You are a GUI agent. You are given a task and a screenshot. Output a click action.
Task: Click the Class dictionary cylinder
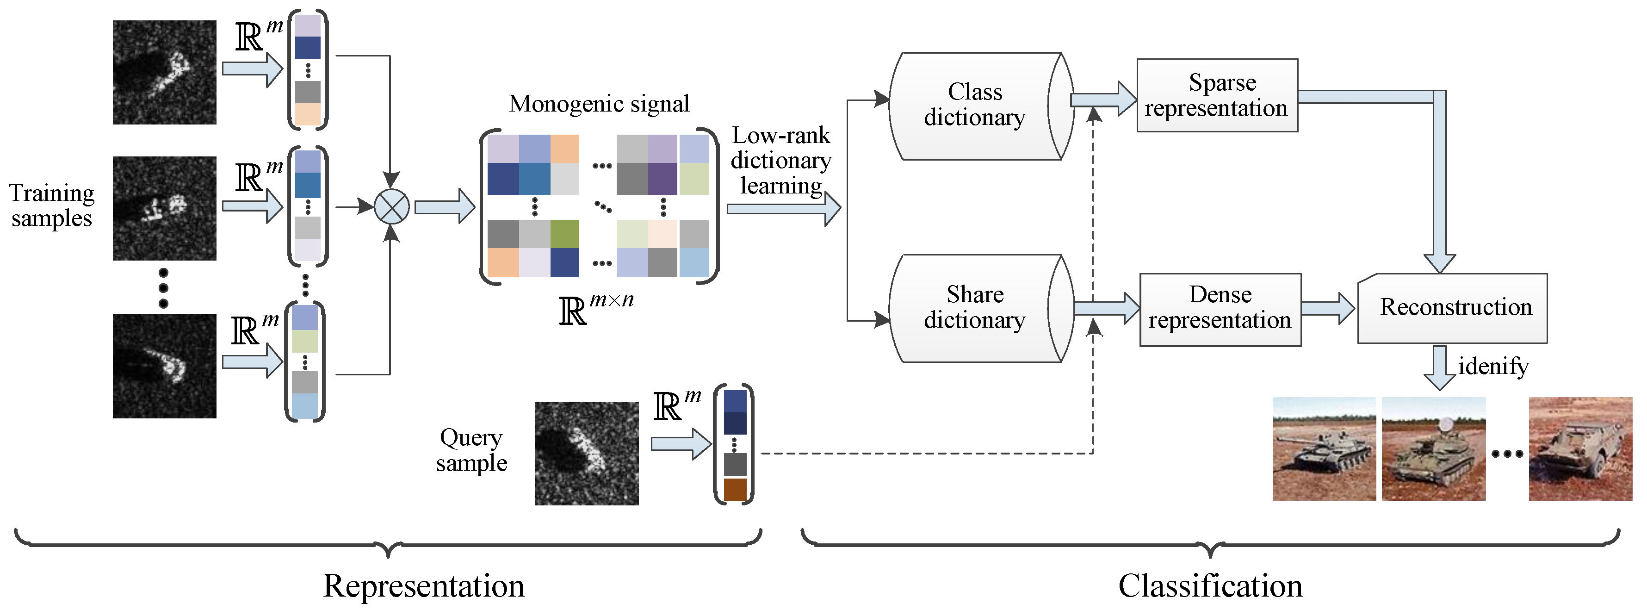(x=975, y=106)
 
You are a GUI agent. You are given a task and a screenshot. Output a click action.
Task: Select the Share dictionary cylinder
(x=975, y=308)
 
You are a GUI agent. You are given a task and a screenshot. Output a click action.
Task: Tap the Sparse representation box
(x=1217, y=95)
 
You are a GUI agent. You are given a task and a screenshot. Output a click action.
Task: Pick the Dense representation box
(x=1220, y=310)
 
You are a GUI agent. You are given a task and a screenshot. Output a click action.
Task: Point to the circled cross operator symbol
(x=391, y=206)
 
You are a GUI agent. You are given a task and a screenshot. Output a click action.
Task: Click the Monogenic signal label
(x=599, y=104)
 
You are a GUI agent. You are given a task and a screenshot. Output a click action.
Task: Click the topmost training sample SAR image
(x=164, y=72)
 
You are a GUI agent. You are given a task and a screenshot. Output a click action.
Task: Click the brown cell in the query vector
(x=735, y=489)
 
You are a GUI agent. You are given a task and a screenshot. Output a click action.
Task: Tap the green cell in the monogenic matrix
(x=564, y=233)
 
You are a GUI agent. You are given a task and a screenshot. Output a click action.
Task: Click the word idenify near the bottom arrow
(x=1493, y=367)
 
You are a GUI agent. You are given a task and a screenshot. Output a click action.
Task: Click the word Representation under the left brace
(x=423, y=585)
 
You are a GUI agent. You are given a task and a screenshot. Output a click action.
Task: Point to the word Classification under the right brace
(x=1210, y=585)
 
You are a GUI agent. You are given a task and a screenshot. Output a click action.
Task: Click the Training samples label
(x=52, y=205)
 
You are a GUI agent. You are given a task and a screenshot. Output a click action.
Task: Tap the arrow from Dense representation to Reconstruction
(x=1328, y=308)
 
